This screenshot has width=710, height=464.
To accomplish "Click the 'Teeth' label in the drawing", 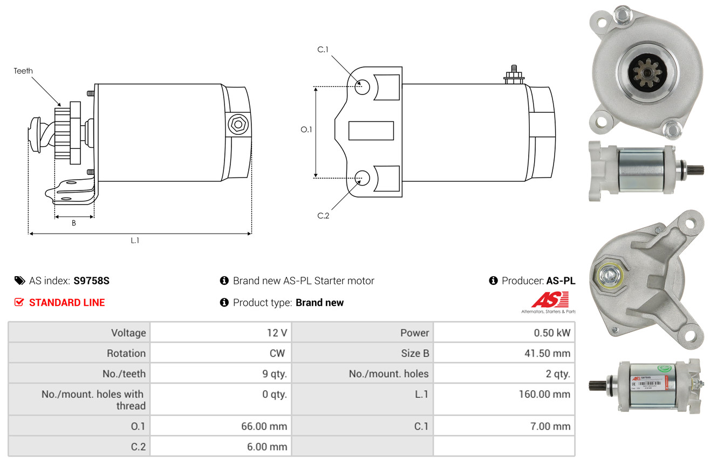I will click(23, 71).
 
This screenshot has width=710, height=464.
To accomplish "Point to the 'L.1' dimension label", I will click(135, 241).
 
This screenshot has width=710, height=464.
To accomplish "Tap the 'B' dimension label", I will click(74, 223).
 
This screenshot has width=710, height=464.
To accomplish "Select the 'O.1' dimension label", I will click(306, 129).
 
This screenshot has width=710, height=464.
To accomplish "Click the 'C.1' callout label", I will click(323, 50).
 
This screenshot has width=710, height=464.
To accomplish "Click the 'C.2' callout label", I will click(323, 216).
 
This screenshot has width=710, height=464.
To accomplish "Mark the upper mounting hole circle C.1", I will click(362, 86).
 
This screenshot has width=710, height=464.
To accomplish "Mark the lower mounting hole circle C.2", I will click(362, 177).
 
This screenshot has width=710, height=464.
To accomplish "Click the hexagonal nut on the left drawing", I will click(237, 125).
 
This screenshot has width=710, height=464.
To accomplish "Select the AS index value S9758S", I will click(91, 281).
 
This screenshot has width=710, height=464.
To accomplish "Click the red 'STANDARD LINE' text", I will click(67, 303).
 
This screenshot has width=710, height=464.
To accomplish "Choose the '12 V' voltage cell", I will click(276, 333).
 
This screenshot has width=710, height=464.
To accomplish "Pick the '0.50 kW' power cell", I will click(551, 333).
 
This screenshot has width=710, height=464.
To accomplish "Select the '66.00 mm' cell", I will click(264, 426).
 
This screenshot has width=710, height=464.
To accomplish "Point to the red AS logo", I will click(550, 300).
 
